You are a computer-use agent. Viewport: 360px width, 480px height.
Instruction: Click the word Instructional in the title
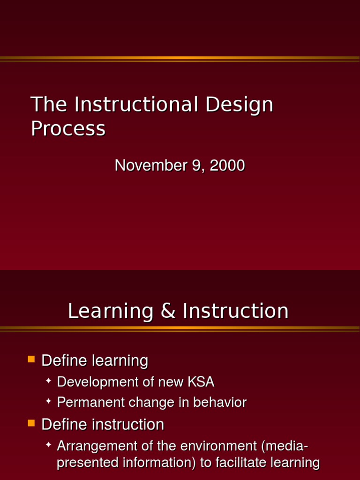click(136, 104)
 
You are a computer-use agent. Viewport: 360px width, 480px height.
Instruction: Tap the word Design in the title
click(239, 105)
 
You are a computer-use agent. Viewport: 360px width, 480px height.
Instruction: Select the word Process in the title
click(68, 128)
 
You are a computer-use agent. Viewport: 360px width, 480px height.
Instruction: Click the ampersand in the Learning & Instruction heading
click(168, 311)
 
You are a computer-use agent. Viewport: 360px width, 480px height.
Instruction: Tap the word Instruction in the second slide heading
click(235, 311)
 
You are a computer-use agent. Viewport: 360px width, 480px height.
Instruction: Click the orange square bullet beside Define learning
click(31, 360)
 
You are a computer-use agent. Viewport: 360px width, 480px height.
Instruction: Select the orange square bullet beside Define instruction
click(31, 423)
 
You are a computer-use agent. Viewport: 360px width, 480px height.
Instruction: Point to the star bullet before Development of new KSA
click(48, 381)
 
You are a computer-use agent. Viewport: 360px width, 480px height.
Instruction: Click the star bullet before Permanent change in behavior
click(48, 401)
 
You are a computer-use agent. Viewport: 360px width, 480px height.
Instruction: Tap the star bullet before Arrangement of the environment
click(48, 444)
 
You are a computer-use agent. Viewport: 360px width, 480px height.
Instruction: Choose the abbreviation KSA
click(201, 382)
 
